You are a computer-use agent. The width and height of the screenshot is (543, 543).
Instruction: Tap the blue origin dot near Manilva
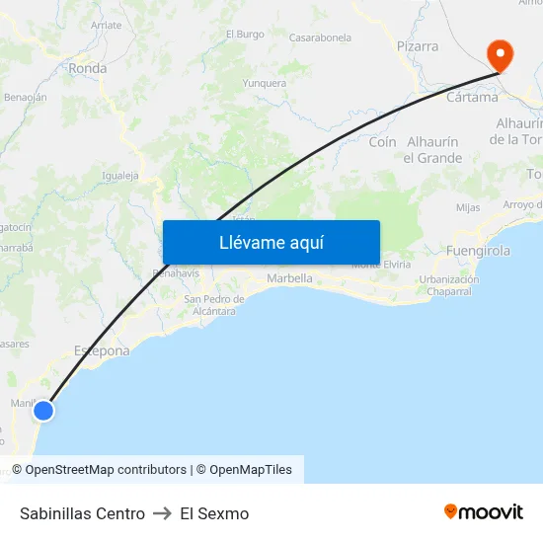pos(43,411)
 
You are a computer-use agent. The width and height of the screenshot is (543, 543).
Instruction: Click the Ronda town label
pos(88,69)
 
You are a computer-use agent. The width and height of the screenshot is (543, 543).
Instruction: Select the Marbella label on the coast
pos(290,278)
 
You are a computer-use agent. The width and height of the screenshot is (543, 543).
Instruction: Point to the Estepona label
pos(102,350)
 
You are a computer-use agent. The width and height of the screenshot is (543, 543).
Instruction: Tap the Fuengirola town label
pos(479,251)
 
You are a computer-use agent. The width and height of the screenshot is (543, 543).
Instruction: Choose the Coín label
pos(382,142)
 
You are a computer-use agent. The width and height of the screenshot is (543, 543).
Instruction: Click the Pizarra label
pos(418,46)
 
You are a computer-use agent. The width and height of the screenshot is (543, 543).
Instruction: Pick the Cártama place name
pos(472,98)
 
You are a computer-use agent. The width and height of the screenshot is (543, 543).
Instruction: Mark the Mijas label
pos(468,207)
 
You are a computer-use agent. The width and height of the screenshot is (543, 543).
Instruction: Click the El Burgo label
pos(245,34)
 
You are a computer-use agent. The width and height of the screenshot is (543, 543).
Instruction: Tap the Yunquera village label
pos(265,83)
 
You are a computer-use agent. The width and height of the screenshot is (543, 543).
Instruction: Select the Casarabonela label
pos(320,38)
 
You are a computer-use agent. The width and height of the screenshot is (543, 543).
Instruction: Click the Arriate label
pos(106,25)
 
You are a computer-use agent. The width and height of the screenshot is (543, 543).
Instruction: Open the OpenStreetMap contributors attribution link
pos(106,470)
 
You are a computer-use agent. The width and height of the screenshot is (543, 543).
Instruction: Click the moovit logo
pos(483,512)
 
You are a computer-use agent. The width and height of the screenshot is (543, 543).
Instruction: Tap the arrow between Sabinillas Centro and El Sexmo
pos(163,513)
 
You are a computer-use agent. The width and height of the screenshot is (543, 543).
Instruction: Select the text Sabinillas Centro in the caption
pos(82,513)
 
